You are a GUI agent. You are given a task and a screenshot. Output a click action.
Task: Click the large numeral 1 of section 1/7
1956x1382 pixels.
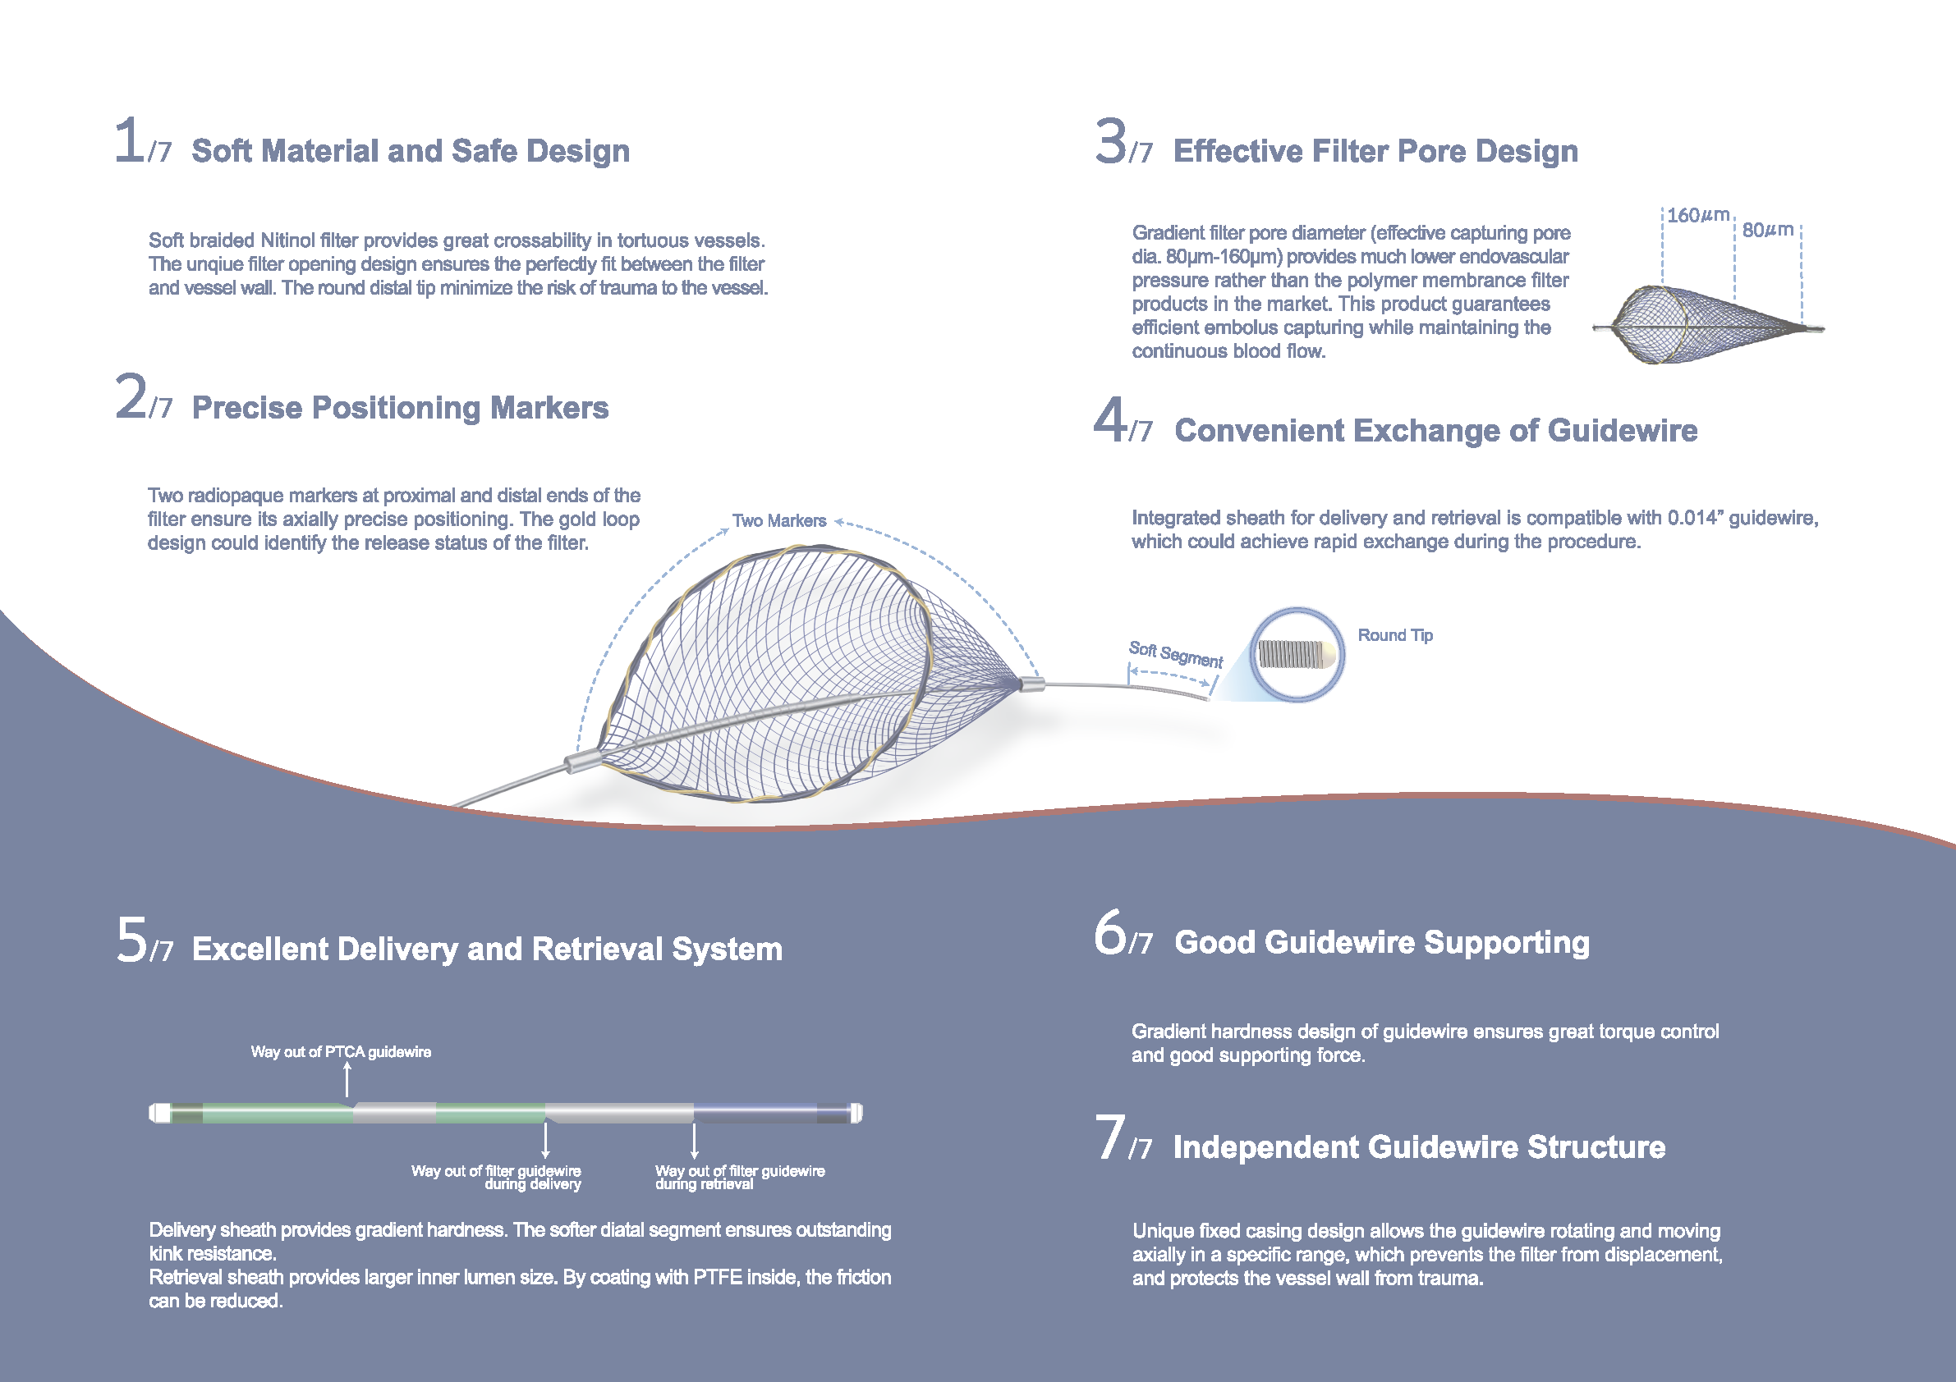(x=130, y=140)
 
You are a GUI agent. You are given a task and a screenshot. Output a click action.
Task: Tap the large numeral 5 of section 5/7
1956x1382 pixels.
(x=132, y=940)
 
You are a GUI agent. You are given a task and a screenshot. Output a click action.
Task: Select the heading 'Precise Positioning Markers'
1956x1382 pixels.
(x=400, y=408)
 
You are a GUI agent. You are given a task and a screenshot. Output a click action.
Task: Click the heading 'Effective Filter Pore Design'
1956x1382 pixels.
(x=1375, y=151)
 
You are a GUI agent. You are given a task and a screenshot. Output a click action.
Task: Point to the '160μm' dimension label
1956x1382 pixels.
(x=1697, y=216)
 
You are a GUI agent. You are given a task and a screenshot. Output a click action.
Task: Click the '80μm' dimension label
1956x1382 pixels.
(x=1768, y=230)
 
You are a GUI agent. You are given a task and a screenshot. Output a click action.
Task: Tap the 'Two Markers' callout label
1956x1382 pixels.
(x=778, y=520)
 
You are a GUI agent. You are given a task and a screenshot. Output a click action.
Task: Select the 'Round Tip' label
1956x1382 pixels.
(x=1394, y=635)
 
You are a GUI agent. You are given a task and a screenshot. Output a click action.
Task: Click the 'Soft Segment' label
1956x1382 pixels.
(x=1176, y=654)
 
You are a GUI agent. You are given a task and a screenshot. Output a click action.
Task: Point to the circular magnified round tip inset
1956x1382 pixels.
(x=1297, y=654)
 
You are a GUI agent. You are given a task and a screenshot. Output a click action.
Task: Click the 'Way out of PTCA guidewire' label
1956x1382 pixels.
(x=341, y=1051)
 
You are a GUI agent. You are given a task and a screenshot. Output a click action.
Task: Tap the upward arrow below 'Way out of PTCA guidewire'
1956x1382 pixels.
(x=347, y=1080)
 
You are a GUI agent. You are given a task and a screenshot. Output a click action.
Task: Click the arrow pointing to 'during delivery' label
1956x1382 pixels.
(x=545, y=1140)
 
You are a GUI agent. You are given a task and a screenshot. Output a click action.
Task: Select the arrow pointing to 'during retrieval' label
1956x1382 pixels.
(x=695, y=1140)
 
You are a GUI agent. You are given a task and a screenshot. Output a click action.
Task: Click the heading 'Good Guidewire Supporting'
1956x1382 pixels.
(x=1381, y=942)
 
